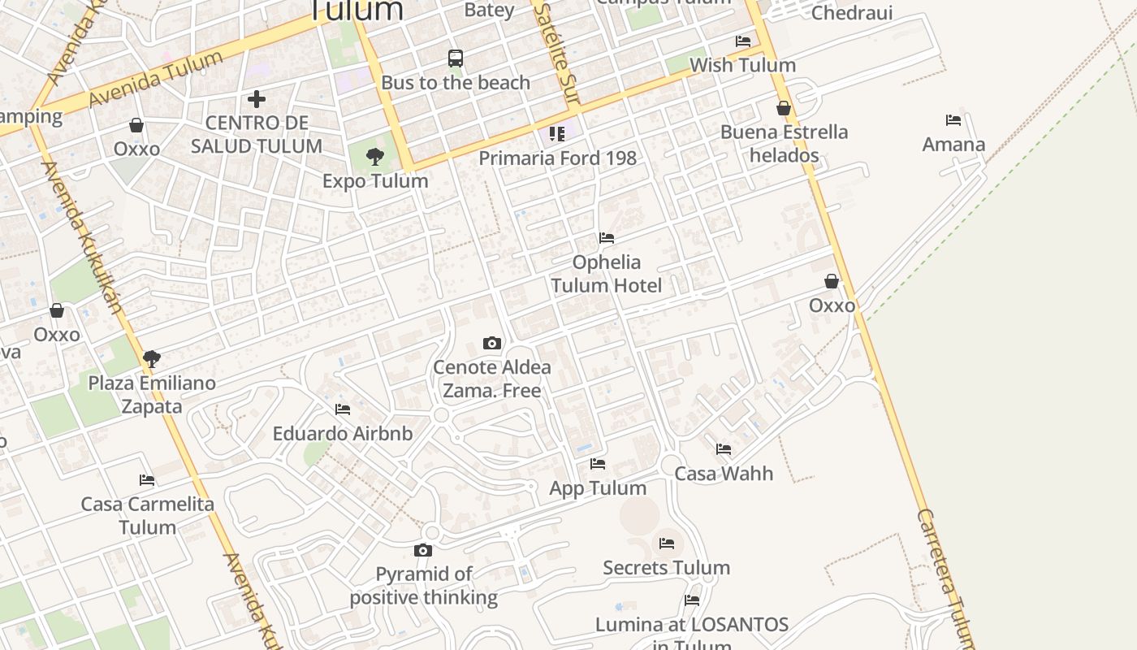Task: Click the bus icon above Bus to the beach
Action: click(456, 58)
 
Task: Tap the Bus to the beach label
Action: click(456, 83)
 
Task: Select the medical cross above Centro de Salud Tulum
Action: click(257, 99)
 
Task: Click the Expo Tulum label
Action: click(375, 181)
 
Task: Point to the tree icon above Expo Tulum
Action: click(375, 156)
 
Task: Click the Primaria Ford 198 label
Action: click(557, 158)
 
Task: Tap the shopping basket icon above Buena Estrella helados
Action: click(784, 108)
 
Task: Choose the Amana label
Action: click(953, 145)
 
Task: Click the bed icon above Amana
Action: click(953, 120)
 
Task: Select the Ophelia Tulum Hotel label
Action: click(607, 274)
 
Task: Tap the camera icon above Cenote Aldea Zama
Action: click(492, 343)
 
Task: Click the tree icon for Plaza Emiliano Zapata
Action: click(151, 358)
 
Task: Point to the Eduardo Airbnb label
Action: click(343, 434)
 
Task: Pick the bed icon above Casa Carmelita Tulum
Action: click(147, 480)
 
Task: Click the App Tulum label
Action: click(598, 488)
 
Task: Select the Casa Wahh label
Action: click(724, 474)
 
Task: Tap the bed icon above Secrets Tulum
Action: click(667, 544)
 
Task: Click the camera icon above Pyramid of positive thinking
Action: click(423, 551)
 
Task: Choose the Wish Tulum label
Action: click(742, 65)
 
